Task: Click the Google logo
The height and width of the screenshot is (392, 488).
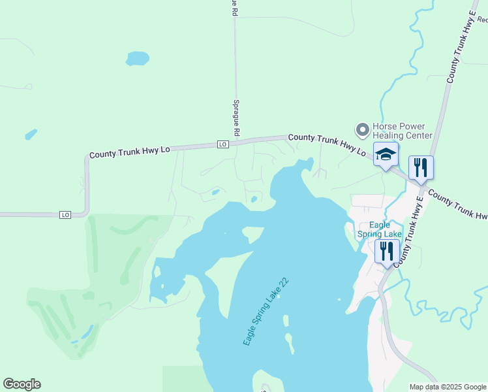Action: pyautogui.click(x=22, y=384)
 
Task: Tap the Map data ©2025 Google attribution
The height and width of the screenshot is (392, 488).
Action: pyautogui.click(x=448, y=387)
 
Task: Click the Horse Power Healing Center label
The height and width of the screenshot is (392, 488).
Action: pyautogui.click(x=402, y=131)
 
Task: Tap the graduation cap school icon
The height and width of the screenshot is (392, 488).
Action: pyautogui.click(x=386, y=155)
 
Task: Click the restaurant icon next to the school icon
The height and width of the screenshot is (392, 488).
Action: pyautogui.click(x=421, y=167)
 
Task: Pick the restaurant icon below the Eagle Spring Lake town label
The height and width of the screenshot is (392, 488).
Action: pyautogui.click(x=387, y=251)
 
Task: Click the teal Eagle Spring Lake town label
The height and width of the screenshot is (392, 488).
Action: pyautogui.click(x=379, y=229)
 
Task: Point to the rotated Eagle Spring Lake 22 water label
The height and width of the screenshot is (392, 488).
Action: pyautogui.click(x=266, y=311)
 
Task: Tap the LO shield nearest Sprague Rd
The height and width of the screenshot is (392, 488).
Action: pyautogui.click(x=223, y=144)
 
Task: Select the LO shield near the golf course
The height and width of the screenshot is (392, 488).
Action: pyautogui.click(x=65, y=214)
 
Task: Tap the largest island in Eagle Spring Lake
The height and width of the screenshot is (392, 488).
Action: pyautogui.click(x=252, y=233)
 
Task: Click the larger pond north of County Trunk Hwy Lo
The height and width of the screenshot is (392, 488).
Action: pyautogui.click(x=137, y=58)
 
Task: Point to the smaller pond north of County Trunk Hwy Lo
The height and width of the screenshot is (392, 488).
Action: pyautogui.click(x=31, y=134)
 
